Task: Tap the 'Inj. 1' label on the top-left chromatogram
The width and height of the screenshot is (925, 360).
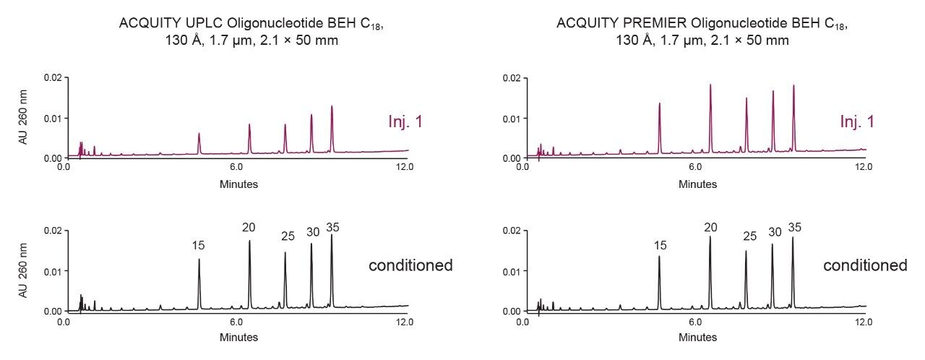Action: tap(405, 122)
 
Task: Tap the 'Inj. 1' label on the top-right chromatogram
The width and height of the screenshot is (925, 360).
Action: tap(857, 122)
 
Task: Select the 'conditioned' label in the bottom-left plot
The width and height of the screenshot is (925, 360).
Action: tap(410, 265)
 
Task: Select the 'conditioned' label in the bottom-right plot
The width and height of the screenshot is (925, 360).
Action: tap(865, 265)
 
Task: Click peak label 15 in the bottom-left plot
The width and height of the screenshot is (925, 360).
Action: tap(199, 246)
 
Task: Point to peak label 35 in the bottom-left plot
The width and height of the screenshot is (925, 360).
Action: tap(332, 228)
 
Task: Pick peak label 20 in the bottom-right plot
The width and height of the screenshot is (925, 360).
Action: tap(710, 228)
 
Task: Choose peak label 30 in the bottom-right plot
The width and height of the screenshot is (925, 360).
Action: tap(775, 232)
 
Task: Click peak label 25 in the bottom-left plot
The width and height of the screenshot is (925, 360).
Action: tap(288, 236)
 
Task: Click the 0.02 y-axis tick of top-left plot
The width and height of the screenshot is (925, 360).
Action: tap(52, 77)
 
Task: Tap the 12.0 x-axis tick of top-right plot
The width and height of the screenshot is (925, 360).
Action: tap(864, 167)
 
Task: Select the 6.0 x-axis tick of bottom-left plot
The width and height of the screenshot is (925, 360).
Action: tap(236, 321)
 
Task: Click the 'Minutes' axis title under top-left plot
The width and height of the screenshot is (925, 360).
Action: tap(238, 184)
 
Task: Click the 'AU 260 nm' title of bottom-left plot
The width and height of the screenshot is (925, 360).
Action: tap(23, 270)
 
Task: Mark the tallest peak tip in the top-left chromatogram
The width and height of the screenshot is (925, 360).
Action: tap(332, 106)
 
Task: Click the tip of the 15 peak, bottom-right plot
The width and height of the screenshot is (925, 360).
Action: tap(659, 256)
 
